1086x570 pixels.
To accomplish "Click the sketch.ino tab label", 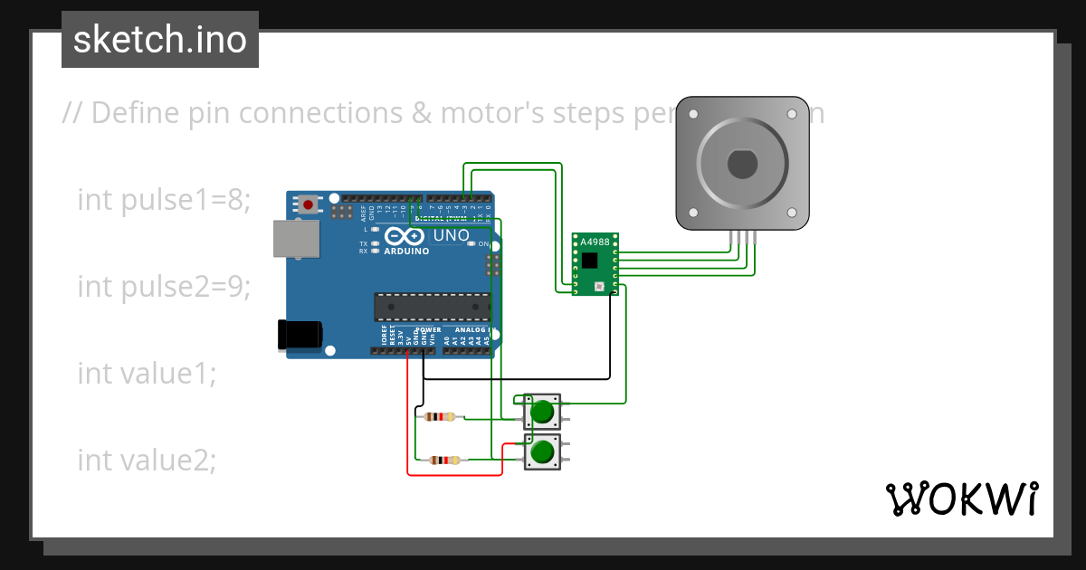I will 160,40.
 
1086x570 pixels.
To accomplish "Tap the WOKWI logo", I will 961,499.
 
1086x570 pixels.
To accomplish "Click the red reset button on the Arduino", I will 309,204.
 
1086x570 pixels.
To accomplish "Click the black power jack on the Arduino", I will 300,334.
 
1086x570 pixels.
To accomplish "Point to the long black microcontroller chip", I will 433,308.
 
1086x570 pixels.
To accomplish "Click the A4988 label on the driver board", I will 595,242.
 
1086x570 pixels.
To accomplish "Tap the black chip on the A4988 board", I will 590,261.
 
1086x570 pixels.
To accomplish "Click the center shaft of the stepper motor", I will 743,165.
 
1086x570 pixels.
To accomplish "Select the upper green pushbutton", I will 542,412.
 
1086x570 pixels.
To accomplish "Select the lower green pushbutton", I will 542,451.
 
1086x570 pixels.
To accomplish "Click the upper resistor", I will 440,417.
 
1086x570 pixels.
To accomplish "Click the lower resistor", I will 443,460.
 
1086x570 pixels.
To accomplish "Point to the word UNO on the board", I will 451,235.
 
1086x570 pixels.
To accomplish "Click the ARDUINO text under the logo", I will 406,251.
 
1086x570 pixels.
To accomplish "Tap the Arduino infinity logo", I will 404,236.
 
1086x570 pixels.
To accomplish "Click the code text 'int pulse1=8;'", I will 163,199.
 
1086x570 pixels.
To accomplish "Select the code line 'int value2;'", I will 147,460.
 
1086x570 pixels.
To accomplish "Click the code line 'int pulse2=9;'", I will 163,286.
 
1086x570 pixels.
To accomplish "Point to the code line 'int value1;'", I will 147,373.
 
